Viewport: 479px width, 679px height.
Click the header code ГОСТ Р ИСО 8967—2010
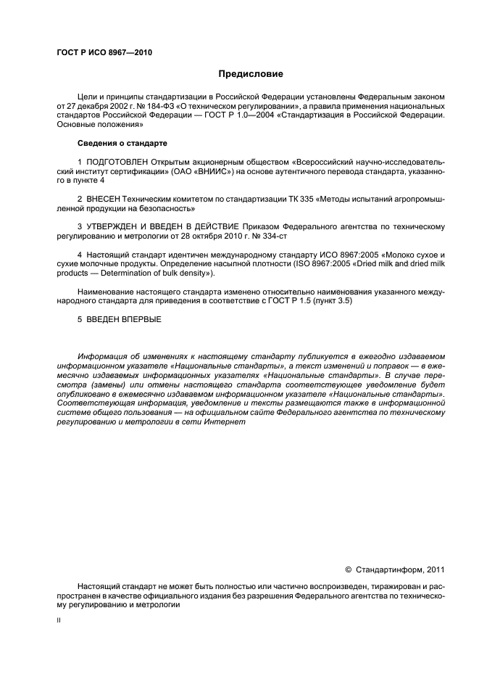[104, 52]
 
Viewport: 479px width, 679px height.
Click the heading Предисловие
[251, 74]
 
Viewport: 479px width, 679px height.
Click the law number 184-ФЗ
[151, 105]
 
